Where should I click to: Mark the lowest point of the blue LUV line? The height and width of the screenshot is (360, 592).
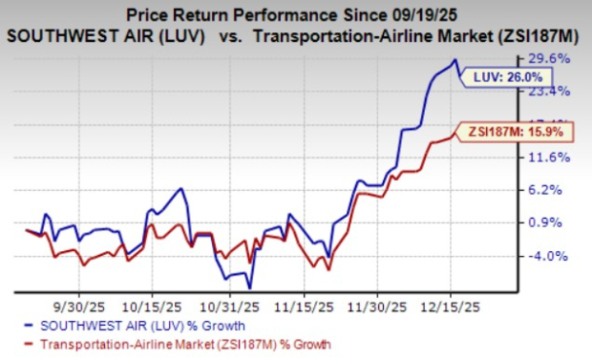pyautogui.click(x=250, y=286)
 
